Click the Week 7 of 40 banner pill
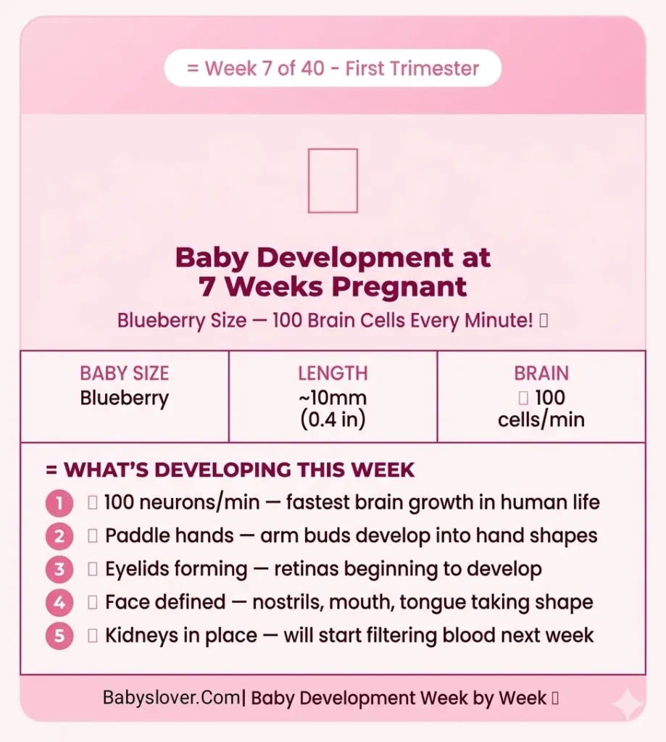333,69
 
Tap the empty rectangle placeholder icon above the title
333,180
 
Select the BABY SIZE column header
124,374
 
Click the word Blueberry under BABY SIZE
124,399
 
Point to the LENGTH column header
333,374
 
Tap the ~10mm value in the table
333,398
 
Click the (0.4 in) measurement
333,420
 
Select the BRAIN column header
541,374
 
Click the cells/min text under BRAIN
541,420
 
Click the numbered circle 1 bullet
59,503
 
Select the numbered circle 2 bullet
59,536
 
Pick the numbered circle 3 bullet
59,570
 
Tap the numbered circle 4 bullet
59,602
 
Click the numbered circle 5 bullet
59,635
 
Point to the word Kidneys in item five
142,635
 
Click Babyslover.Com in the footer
171,699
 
